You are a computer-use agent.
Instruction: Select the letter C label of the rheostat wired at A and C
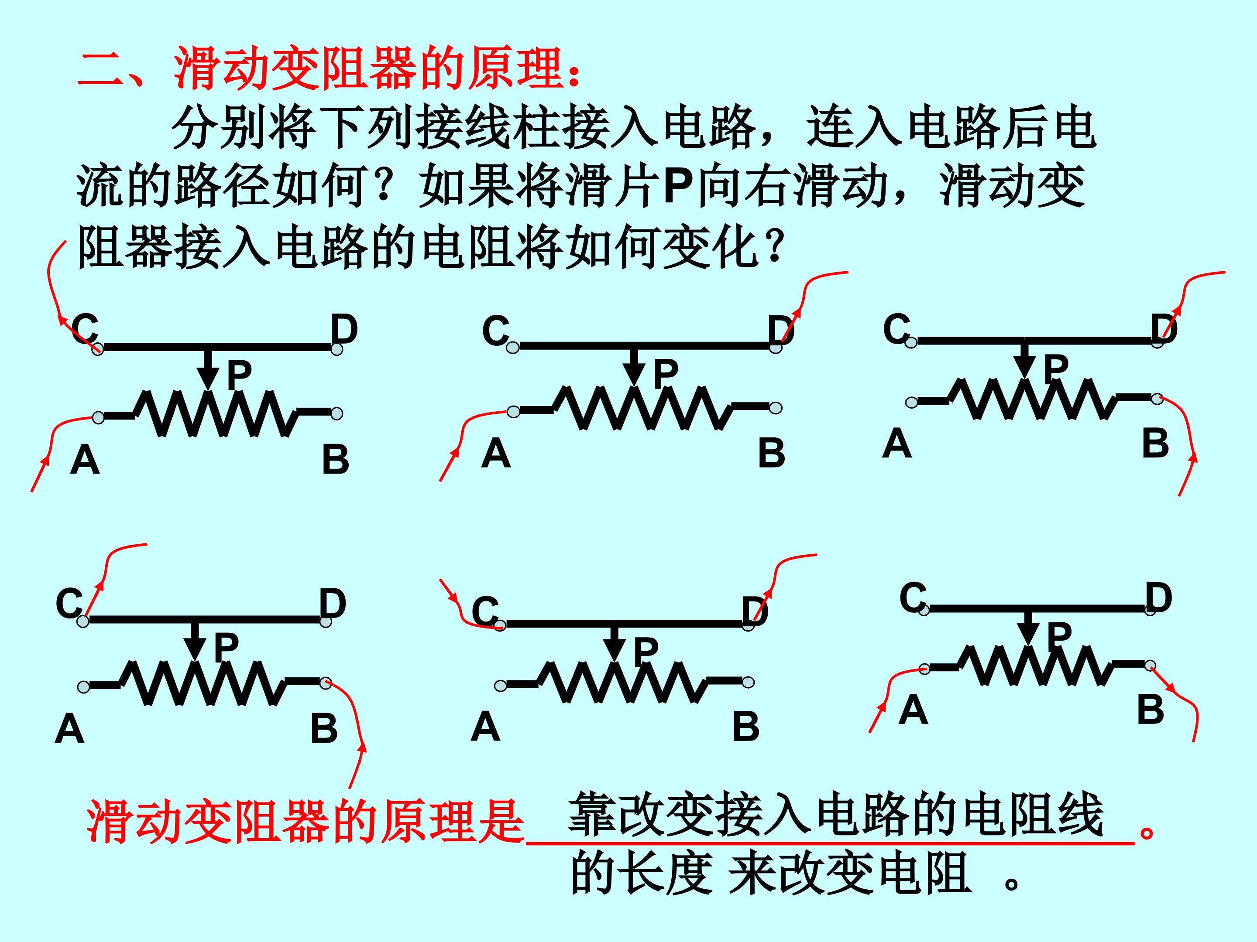pyautogui.click(x=85, y=329)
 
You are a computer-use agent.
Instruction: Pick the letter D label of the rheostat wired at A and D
pyautogui.click(x=781, y=329)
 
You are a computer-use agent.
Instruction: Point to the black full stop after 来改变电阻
pyautogui.click(x=1012, y=884)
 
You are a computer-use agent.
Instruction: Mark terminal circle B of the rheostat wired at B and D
pyautogui.click(x=1157, y=399)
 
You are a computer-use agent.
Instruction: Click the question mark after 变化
pyautogui.click(x=774, y=249)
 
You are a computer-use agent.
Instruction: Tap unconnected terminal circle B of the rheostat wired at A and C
pyautogui.click(x=337, y=413)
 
